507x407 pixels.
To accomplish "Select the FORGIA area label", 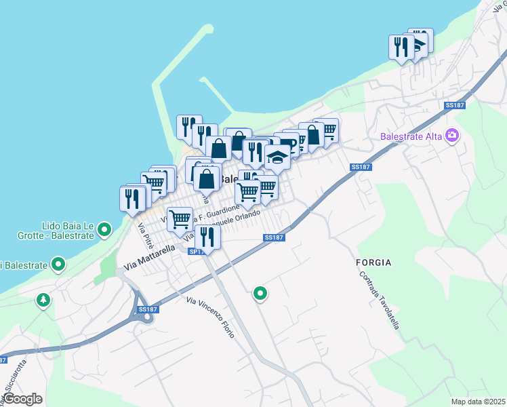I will [374, 262].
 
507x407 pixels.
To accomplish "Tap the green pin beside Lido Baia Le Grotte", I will [104, 230].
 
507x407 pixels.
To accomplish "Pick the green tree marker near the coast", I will [44, 299].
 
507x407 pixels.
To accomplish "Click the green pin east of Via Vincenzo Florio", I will [260, 294].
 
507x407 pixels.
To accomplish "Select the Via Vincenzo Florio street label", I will [211, 317].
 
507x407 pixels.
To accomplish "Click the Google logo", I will [22, 399].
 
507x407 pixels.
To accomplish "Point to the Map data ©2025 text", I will [478, 402].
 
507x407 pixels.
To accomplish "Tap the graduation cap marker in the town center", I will [277, 158].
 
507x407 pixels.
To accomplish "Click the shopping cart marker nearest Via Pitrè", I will [179, 219].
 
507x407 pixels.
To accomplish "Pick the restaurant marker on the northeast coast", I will [401, 47].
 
